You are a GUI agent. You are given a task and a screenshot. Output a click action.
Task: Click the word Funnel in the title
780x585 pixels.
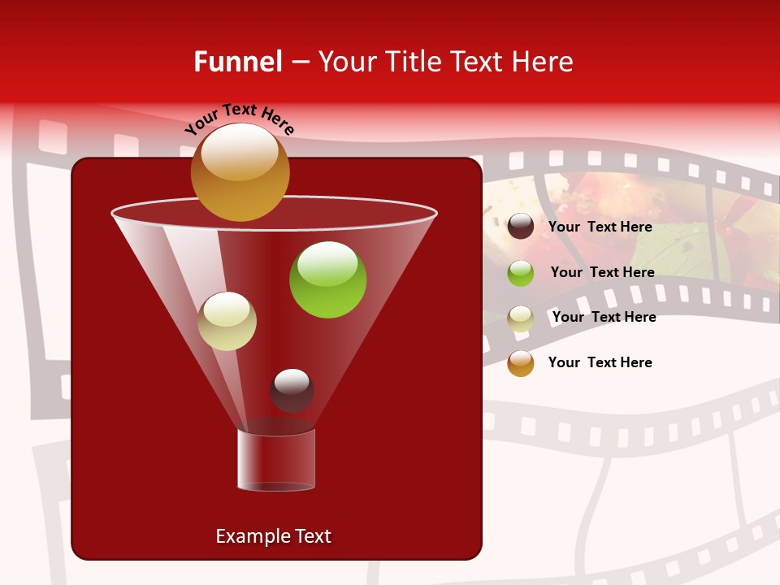(237, 62)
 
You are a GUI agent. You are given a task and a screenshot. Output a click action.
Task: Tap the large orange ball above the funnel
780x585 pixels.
(240, 173)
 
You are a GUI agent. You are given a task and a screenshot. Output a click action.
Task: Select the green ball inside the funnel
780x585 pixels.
(327, 279)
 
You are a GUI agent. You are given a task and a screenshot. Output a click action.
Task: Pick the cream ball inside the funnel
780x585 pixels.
(227, 321)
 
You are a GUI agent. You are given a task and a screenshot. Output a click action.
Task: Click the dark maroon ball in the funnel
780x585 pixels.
(292, 390)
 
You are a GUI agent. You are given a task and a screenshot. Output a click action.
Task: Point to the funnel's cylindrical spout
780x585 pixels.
(276, 460)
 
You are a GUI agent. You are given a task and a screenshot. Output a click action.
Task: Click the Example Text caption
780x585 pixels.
(273, 536)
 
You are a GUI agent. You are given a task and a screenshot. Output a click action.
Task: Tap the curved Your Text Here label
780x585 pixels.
(239, 119)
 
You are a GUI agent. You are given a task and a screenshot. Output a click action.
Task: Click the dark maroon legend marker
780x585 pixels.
(521, 227)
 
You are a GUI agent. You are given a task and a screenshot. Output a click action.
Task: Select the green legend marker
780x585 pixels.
(521, 273)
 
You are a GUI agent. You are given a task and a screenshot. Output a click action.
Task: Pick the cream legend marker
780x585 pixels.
(521, 318)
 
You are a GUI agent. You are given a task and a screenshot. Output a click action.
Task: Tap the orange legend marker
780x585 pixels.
(521, 363)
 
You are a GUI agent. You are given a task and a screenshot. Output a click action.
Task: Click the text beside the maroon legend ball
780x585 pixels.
(600, 227)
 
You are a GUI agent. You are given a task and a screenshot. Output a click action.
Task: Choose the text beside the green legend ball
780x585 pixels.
(602, 272)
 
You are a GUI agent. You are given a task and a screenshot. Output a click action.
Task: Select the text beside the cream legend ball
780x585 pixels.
(604, 317)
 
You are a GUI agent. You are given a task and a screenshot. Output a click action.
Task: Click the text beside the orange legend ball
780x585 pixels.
(600, 362)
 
